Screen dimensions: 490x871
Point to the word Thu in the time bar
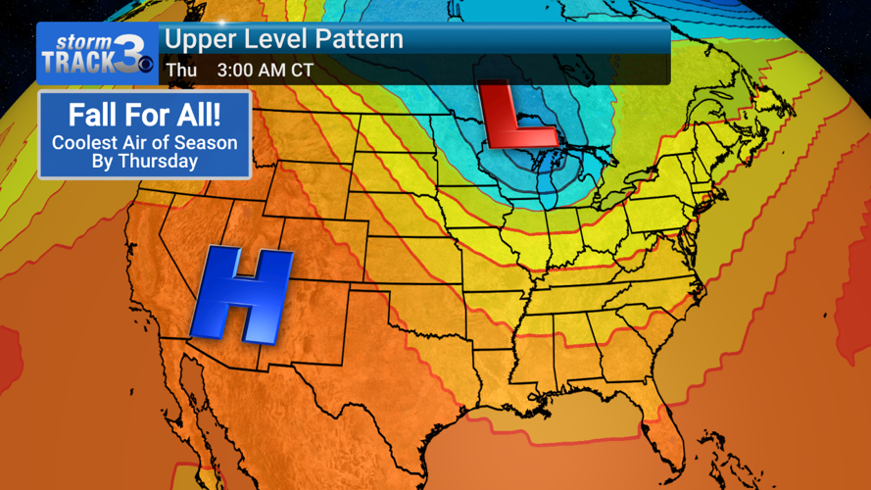(181, 71)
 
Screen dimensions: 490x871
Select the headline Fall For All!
(144, 116)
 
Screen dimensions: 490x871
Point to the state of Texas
(411, 392)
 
